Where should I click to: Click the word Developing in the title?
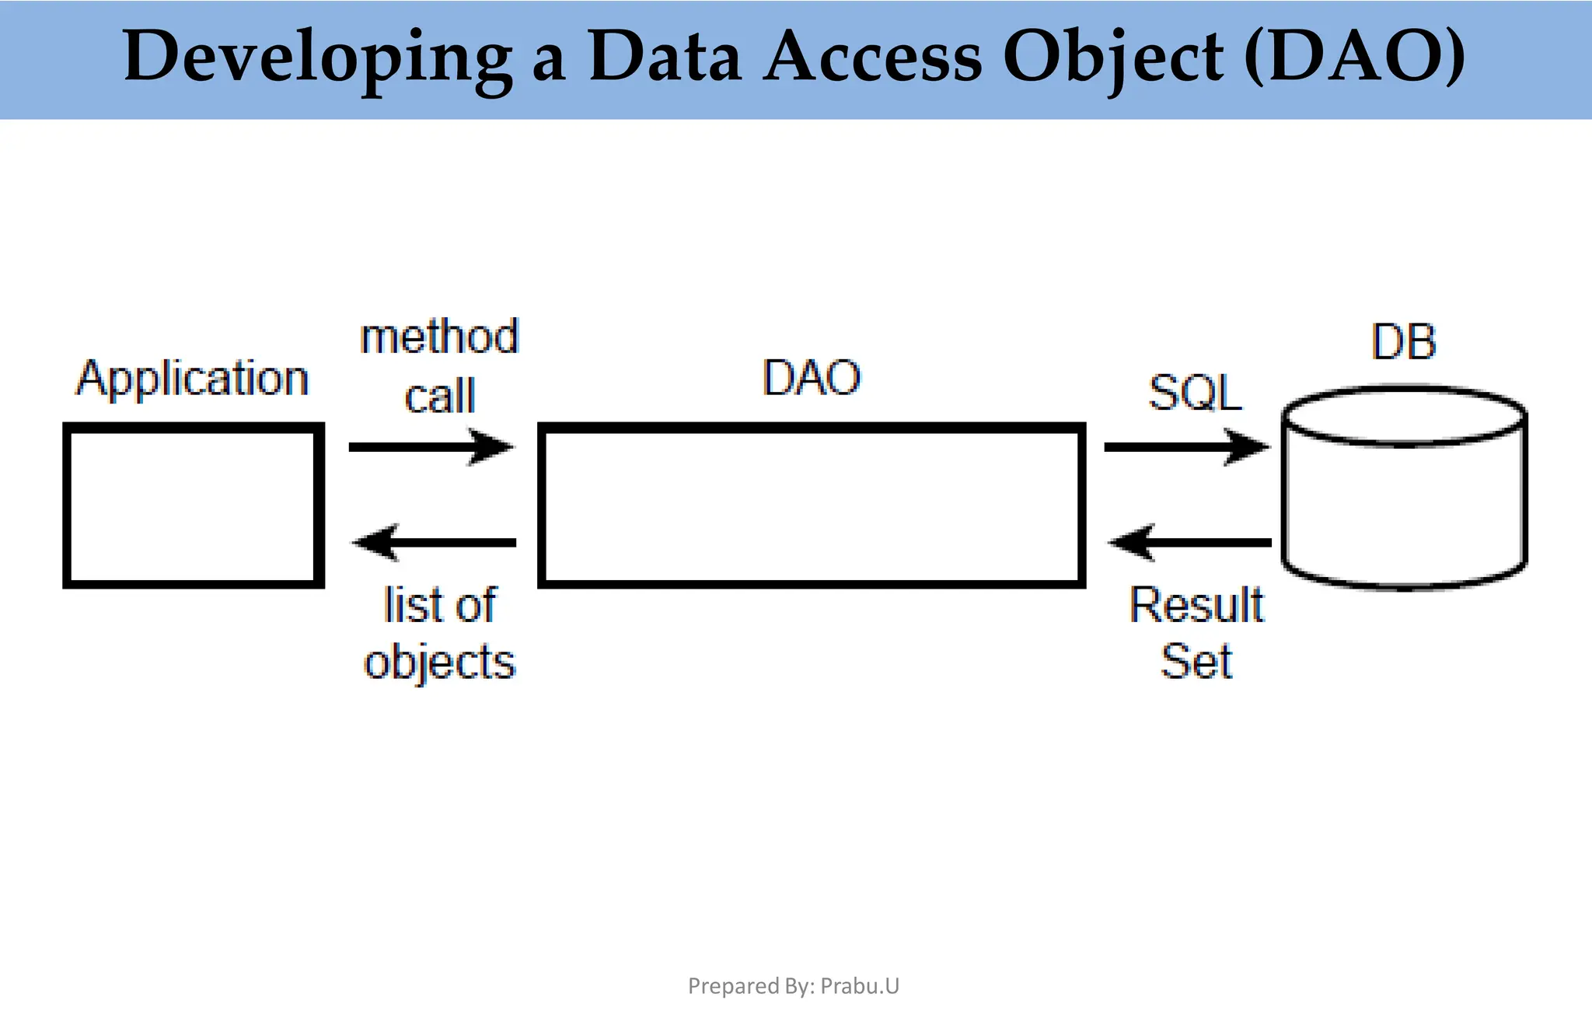[x=317, y=58]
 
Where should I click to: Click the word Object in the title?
[x=1112, y=58]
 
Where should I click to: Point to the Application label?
[x=192, y=379]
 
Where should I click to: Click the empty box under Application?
[x=193, y=505]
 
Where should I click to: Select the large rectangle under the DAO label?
[x=811, y=505]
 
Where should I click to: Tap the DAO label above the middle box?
[x=811, y=378]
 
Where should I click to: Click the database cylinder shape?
[x=1404, y=498]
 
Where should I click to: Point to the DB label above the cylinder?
[x=1403, y=342]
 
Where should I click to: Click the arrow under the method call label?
[x=431, y=446]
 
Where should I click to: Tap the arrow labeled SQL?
[x=1186, y=446]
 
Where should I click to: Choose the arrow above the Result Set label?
[x=1189, y=542]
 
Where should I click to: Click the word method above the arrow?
[x=439, y=337]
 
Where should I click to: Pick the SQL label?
[x=1195, y=393]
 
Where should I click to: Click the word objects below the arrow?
[x=439, y=663]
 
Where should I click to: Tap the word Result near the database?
[x=1197, y=605]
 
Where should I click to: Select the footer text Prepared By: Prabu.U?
[x=793, y=986]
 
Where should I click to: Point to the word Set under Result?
[x=1196, y=662]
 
